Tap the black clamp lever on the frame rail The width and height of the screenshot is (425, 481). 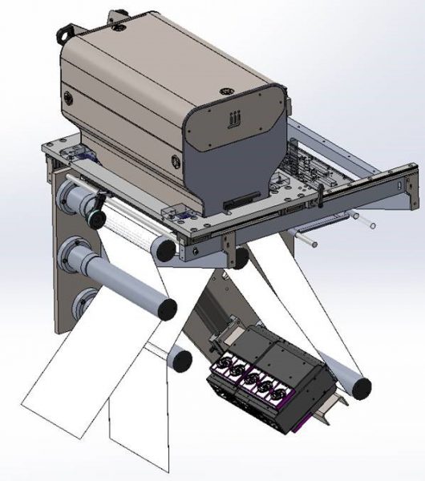(x=321, y=196)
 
